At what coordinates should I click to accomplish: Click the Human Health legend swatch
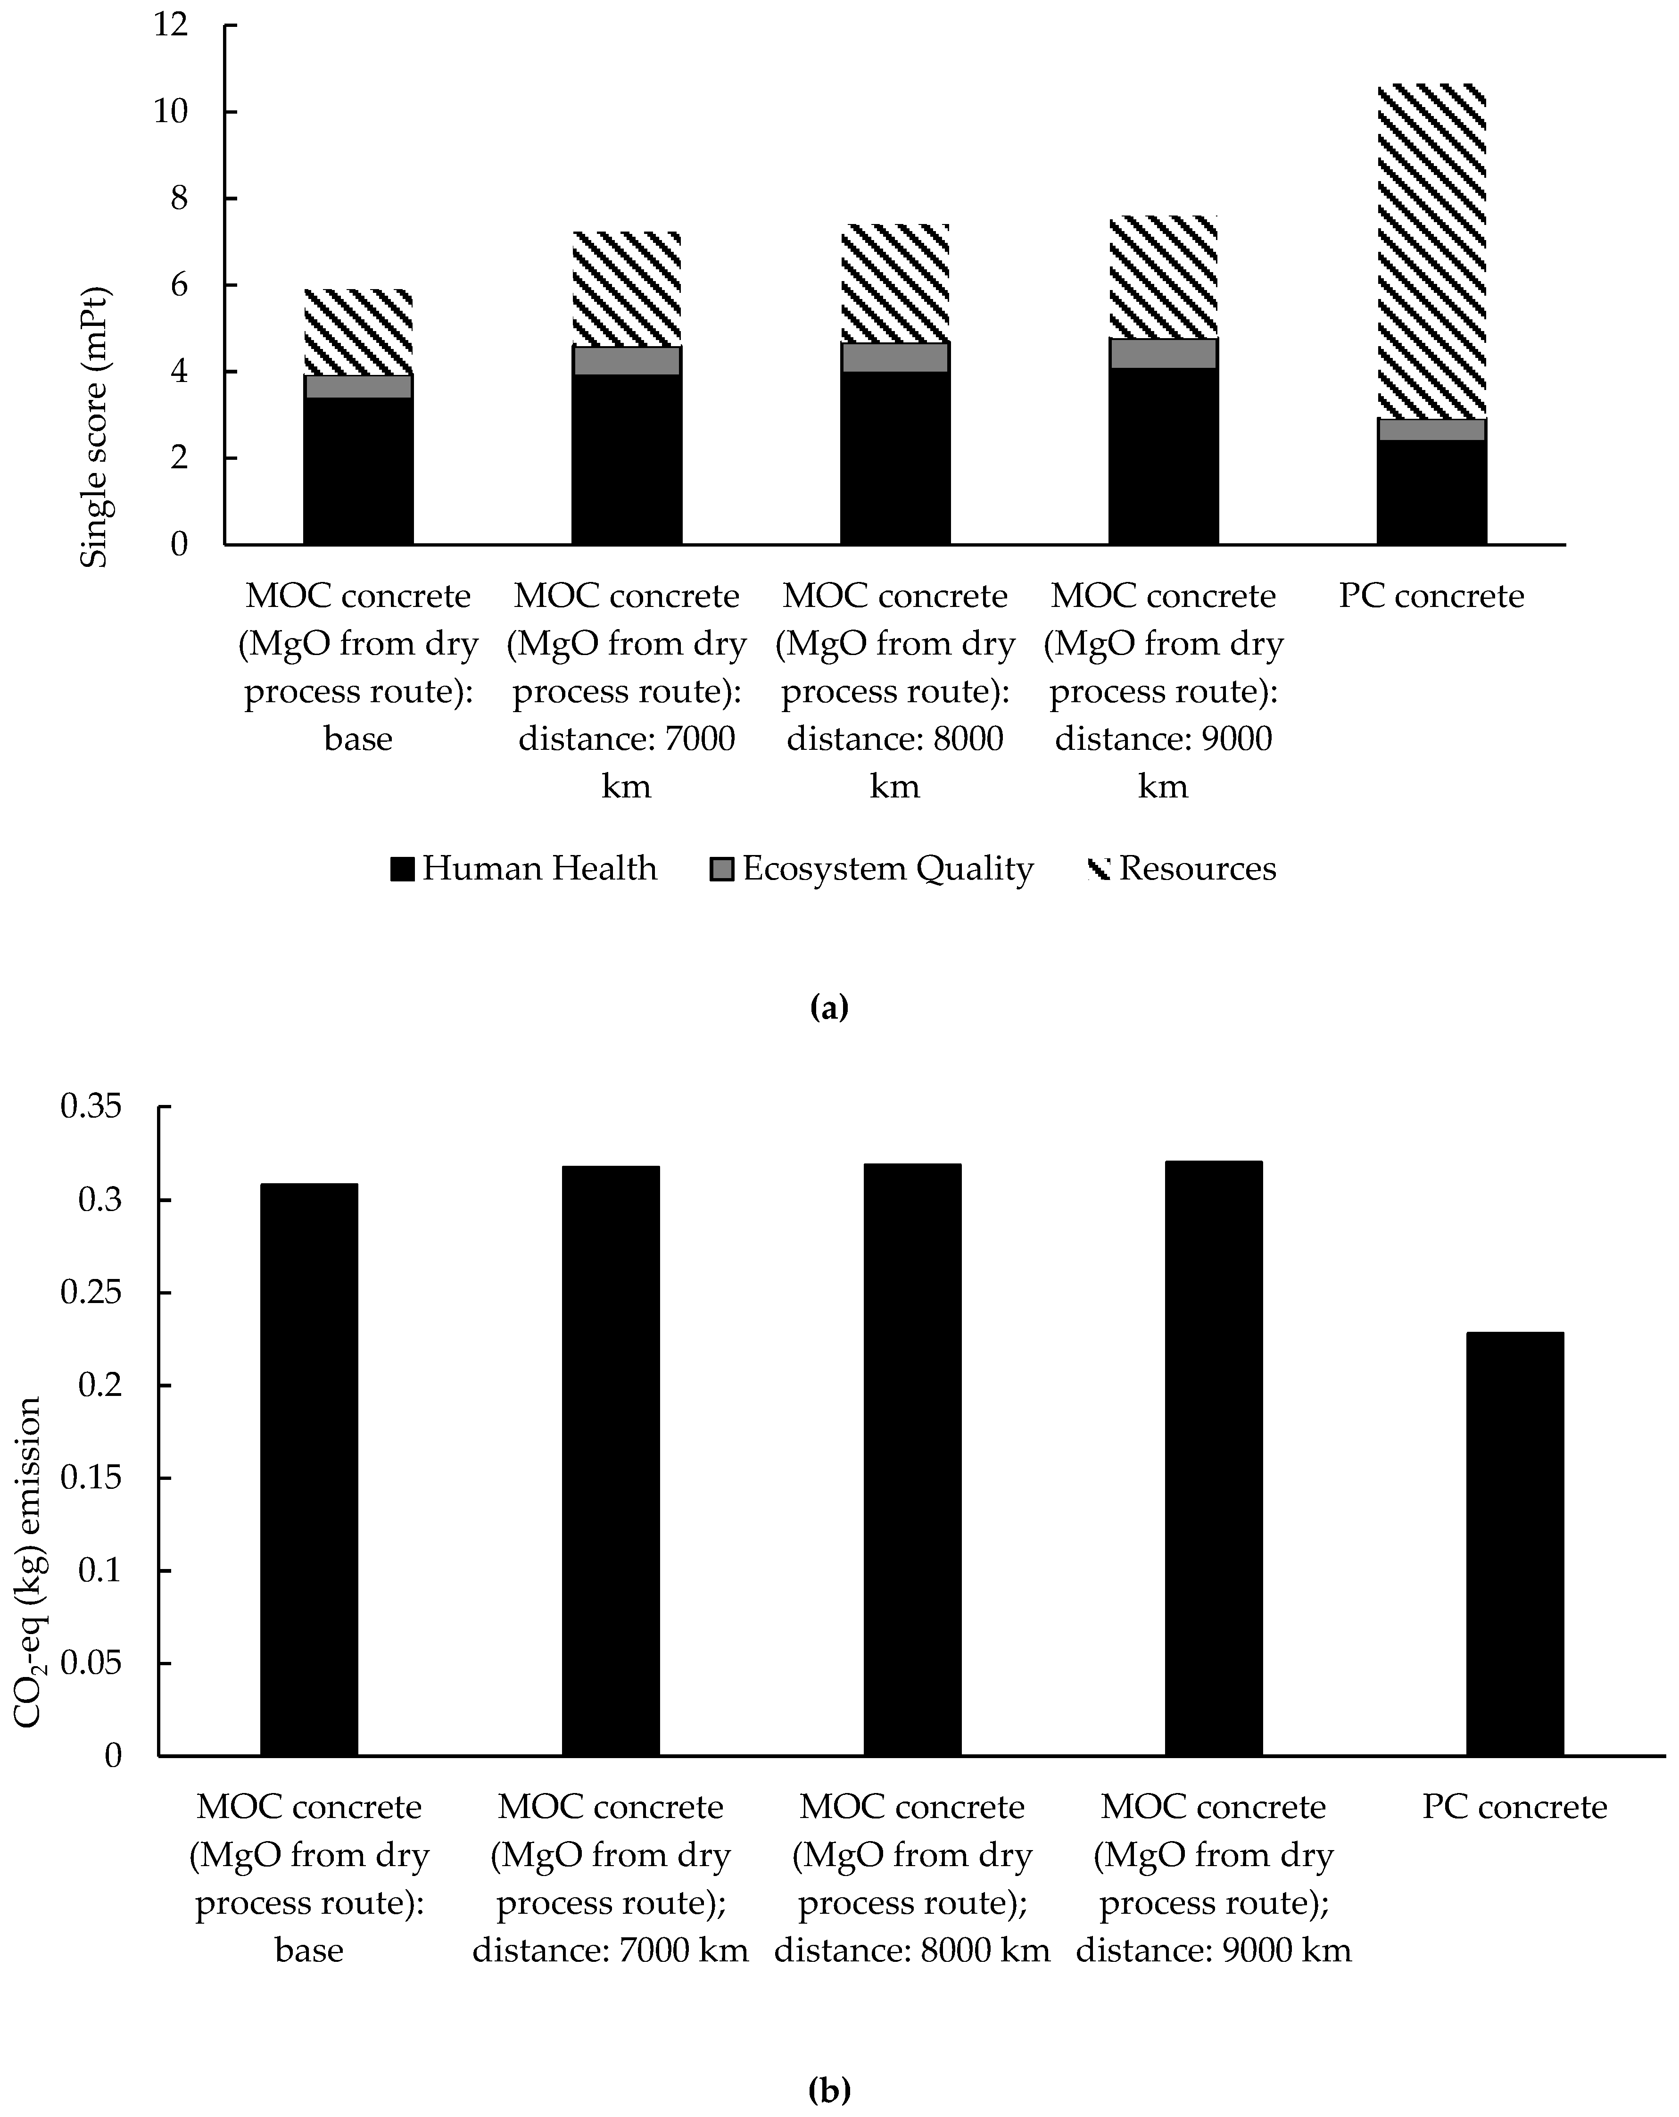point(402,869)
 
